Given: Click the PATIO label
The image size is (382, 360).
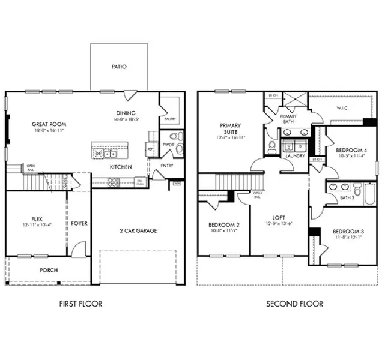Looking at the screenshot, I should [119, 67].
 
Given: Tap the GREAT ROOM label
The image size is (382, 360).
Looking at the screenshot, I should [47, 125].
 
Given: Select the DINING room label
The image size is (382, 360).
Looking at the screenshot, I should [126, 113].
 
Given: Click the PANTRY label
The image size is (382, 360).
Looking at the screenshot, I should [170, 119].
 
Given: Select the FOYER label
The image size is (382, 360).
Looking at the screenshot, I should [79, 223].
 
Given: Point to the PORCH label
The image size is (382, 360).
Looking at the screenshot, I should [49, 270].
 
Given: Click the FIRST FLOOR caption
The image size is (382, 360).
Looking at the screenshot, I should [80, 304].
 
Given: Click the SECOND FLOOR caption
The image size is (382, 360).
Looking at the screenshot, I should [294, 304].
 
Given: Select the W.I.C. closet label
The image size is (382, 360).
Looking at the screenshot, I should [343, 109].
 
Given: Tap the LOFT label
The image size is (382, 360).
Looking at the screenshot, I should [278, 218].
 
